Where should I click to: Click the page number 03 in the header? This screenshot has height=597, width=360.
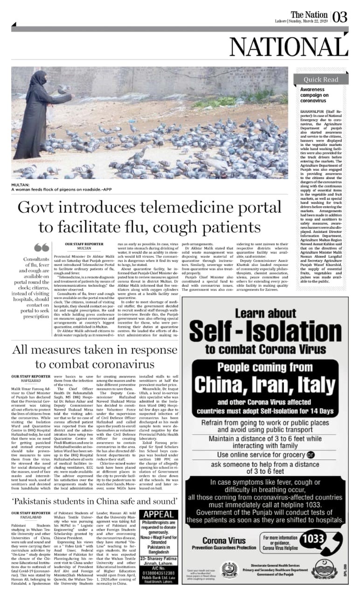340,18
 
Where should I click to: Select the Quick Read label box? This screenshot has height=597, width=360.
322,79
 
